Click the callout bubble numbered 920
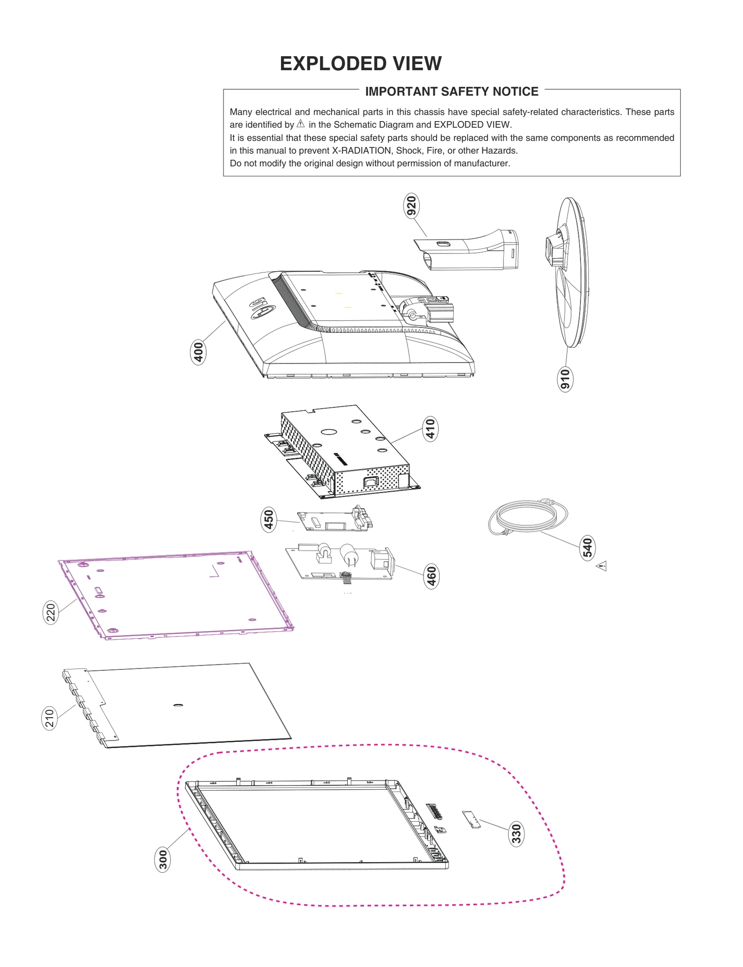(x=411, y=206)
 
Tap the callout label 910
(x=565, y=379)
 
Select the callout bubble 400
(x=198, y=352)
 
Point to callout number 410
(x=430, y=428)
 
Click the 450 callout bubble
(x=268, y=519)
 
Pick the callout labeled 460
(x=431, y=576)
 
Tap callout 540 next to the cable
(x=587, y=548)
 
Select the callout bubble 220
(x=51, y=612)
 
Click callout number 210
(x=50, y=718)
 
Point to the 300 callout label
(x=163, y=859)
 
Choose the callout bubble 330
(x=516, y=834)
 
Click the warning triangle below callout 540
(x=601, y=566)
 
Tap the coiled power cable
(x=527, y=517)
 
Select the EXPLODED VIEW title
(x=360, y=64)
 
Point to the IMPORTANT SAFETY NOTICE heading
(x=451, y=91)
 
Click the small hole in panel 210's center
(x=178, y=705)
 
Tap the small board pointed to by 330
(x=471, y=819)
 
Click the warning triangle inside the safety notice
(x=300, y=123)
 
